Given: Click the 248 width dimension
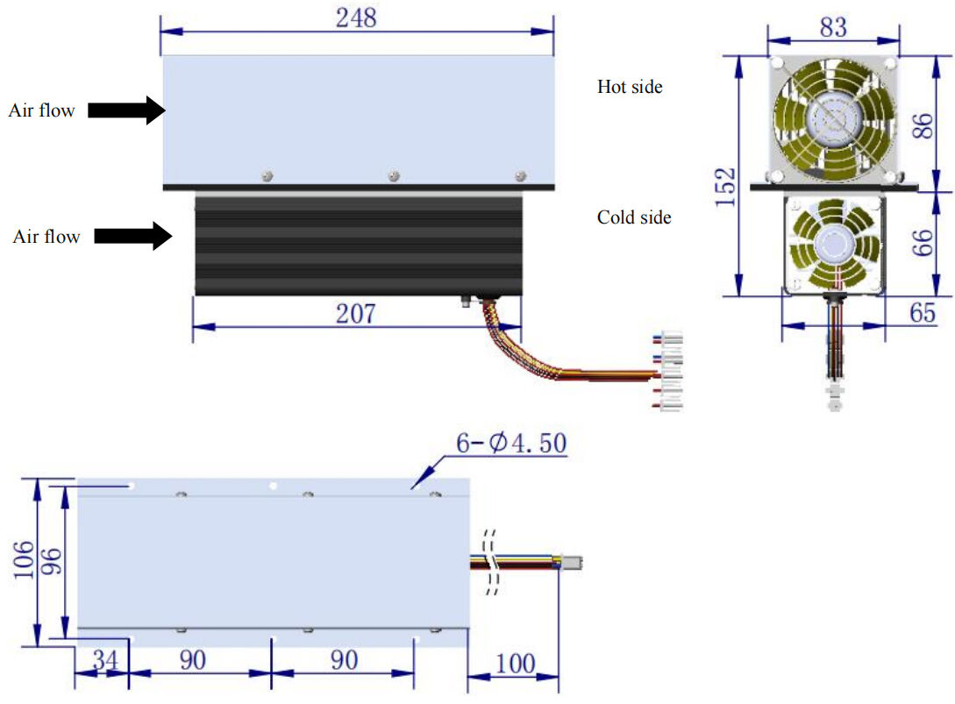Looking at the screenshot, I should tap(356, 18).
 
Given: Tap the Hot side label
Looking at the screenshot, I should tap(630, 87).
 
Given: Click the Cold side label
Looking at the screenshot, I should tap(634, 217).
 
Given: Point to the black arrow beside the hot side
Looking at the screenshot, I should tap(126, 110).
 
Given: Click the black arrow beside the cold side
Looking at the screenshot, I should tap(132, 236).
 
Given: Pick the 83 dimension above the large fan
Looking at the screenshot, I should tap(833, 27).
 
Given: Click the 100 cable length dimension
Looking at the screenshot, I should tap(515, 663).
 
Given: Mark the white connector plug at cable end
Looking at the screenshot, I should tap(672, 373).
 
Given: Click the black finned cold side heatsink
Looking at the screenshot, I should tap(358, 245).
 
